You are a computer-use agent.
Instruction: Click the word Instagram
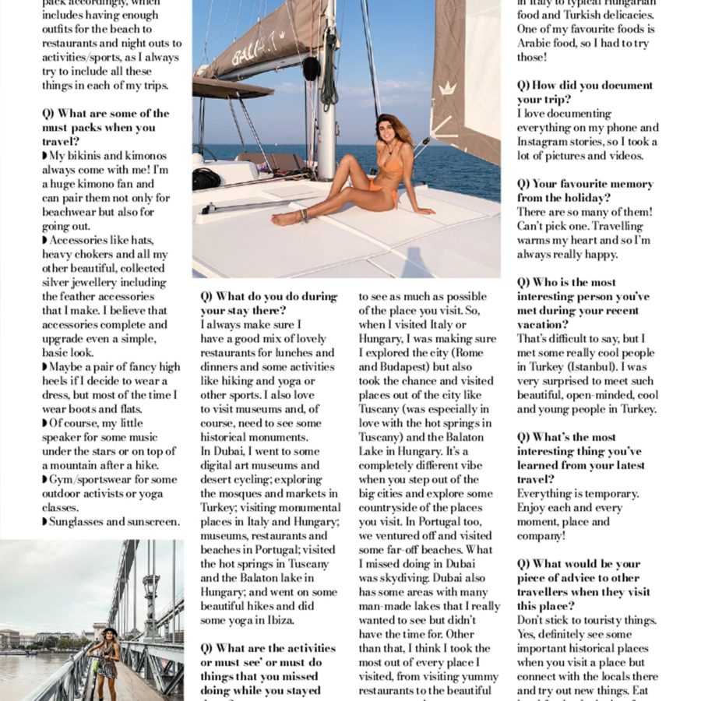pos(547,142)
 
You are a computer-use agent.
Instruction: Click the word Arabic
pos(536,44)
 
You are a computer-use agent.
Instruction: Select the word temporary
pos(609,494)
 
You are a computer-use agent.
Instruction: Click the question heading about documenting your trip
pos(584,92)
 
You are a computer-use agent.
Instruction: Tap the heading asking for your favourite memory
pos(584,191)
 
